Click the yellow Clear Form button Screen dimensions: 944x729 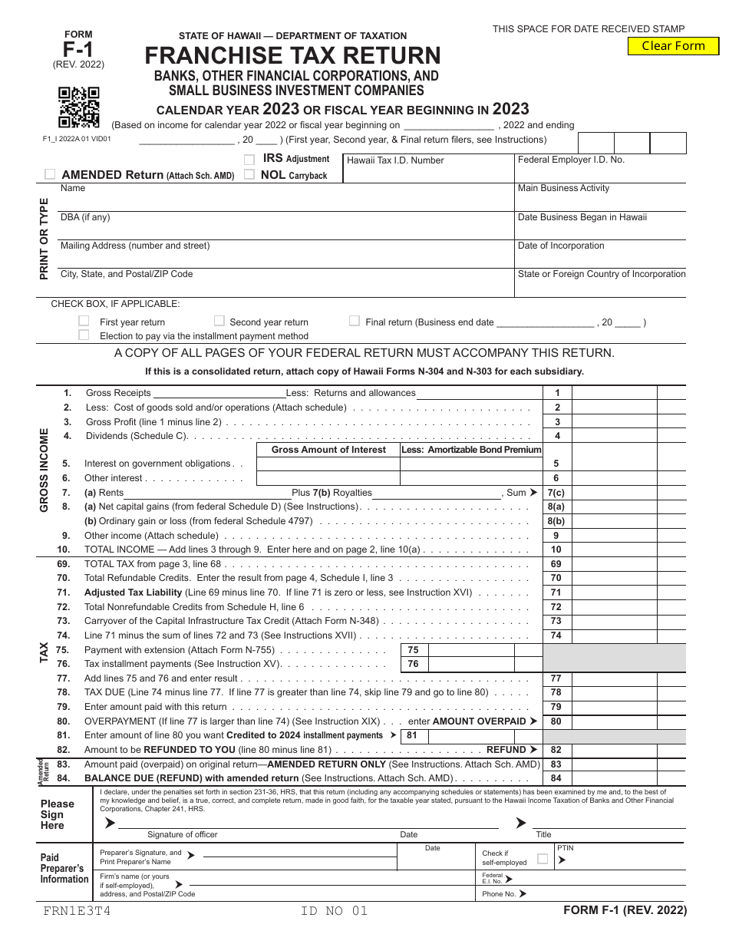[673, 46]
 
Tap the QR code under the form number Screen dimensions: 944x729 [79, 107]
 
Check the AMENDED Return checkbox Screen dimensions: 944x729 [51, 174]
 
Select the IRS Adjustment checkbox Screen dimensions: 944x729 [249, 160]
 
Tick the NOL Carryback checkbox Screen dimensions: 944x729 [249, 174]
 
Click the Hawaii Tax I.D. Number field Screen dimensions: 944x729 [427, 173]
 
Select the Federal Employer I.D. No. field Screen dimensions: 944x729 [600, 173]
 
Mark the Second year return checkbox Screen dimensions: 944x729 [219, 321]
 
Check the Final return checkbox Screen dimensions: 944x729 [355, 321]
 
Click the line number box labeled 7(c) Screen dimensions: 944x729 [556, 493]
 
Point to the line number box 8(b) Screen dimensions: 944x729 [556, 521]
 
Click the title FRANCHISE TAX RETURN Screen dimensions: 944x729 [293, 56]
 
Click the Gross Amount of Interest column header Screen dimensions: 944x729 [328, 450]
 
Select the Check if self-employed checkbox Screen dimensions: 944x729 [543, 859]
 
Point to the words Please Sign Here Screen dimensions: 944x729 [58, 814]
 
